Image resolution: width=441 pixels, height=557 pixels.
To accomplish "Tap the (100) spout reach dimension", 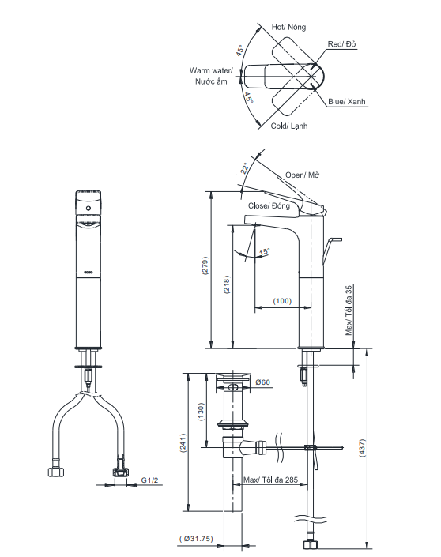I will click(282, 301).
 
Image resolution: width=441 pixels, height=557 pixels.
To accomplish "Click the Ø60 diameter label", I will click(262, 383).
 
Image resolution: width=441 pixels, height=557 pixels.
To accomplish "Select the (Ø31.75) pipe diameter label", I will click(195, 540).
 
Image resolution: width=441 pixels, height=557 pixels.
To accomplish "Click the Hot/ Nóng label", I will click(288, 27).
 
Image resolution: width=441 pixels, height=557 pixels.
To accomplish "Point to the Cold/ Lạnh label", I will click(289, 126).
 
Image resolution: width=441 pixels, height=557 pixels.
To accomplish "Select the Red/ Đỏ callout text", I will click(343, 45).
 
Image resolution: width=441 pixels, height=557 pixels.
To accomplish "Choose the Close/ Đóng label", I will click(269, 205).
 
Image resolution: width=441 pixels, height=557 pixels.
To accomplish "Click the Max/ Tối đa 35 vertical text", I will click(348, 311).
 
